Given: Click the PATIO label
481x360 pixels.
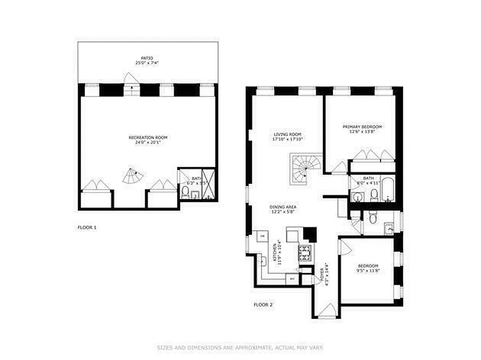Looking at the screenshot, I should point(147,58).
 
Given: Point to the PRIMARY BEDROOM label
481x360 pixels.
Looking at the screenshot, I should point(362,127).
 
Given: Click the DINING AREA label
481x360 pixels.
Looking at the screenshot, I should point(283,207).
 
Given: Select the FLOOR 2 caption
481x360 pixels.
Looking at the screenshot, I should point(263,305).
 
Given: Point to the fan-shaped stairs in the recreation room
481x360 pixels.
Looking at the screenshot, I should point(133,176).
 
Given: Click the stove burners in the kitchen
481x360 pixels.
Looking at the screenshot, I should point(304,253).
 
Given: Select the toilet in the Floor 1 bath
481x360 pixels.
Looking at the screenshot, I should point(185,193).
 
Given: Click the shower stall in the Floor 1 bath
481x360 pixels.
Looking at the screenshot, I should point(209,184).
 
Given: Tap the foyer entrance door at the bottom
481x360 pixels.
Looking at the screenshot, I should point(327,310).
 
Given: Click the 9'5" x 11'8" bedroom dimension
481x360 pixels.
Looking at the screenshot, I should point(368,271).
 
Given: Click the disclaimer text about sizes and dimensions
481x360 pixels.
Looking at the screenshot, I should point(240,347).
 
